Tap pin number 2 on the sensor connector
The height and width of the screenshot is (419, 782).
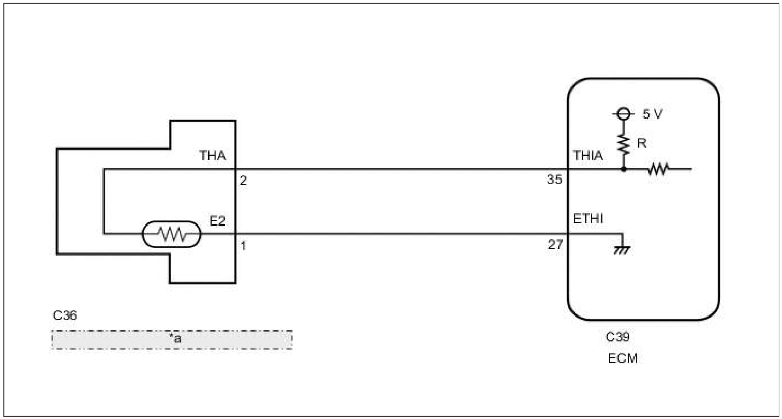(243, 181)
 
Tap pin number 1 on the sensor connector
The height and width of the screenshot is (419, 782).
(243, 246)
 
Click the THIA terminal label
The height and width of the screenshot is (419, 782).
(588, 156)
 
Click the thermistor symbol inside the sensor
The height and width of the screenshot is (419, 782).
(171, 234)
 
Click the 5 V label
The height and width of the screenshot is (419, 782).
(652, 115)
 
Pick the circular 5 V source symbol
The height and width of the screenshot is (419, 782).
(624, 113)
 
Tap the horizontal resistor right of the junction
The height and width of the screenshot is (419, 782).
(658, 169)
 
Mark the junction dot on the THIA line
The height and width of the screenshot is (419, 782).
(624, 169)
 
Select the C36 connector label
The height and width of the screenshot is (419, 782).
(64, 316)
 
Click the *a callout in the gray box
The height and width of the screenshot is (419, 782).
(175, 339)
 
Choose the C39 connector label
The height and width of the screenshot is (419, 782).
(618, 338)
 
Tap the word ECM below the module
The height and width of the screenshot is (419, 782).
(622, 359)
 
